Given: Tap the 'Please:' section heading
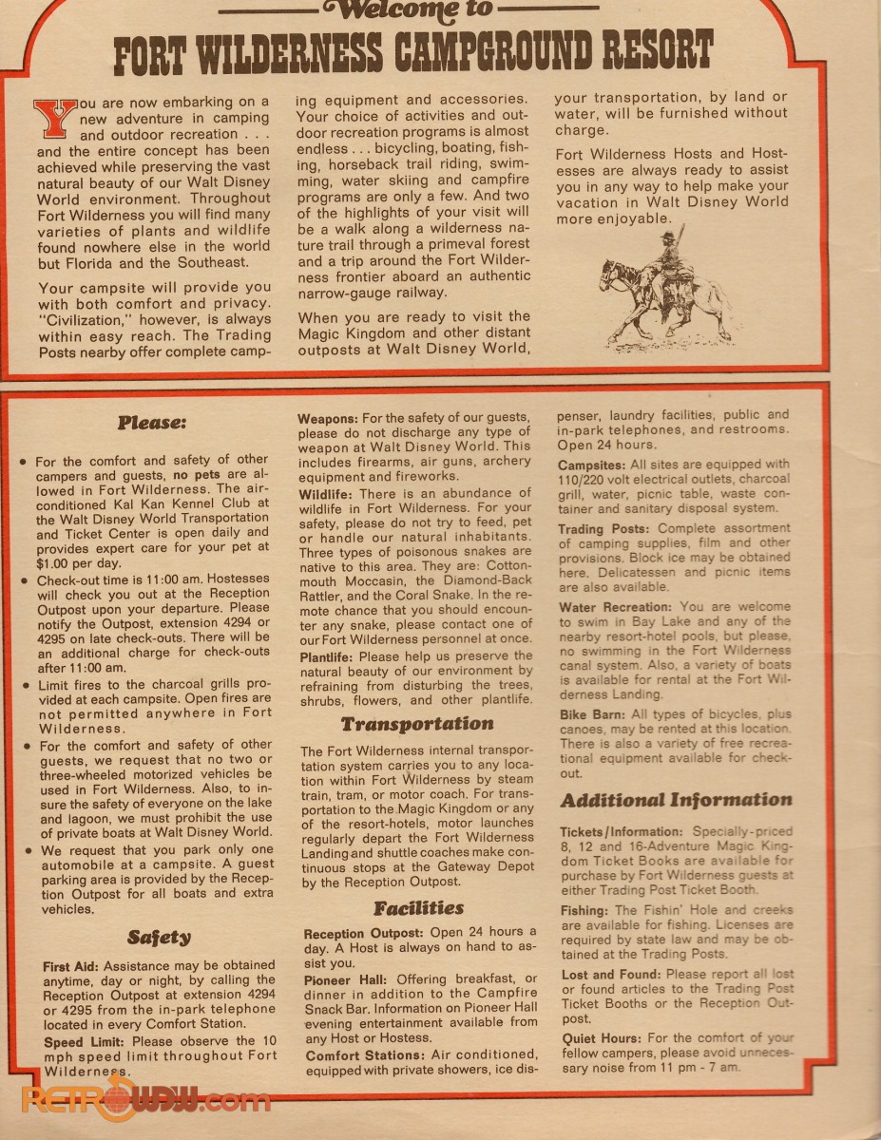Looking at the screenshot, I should (152, 422).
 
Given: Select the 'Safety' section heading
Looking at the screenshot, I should (159, 938).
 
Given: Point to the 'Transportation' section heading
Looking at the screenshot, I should (417, 723).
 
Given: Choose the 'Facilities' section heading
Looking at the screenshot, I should (418, 908).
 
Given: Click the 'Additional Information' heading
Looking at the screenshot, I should (676, 800).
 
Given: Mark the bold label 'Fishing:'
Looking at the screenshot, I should (584, 910).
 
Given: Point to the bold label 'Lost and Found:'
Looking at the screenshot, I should (610, 975).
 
